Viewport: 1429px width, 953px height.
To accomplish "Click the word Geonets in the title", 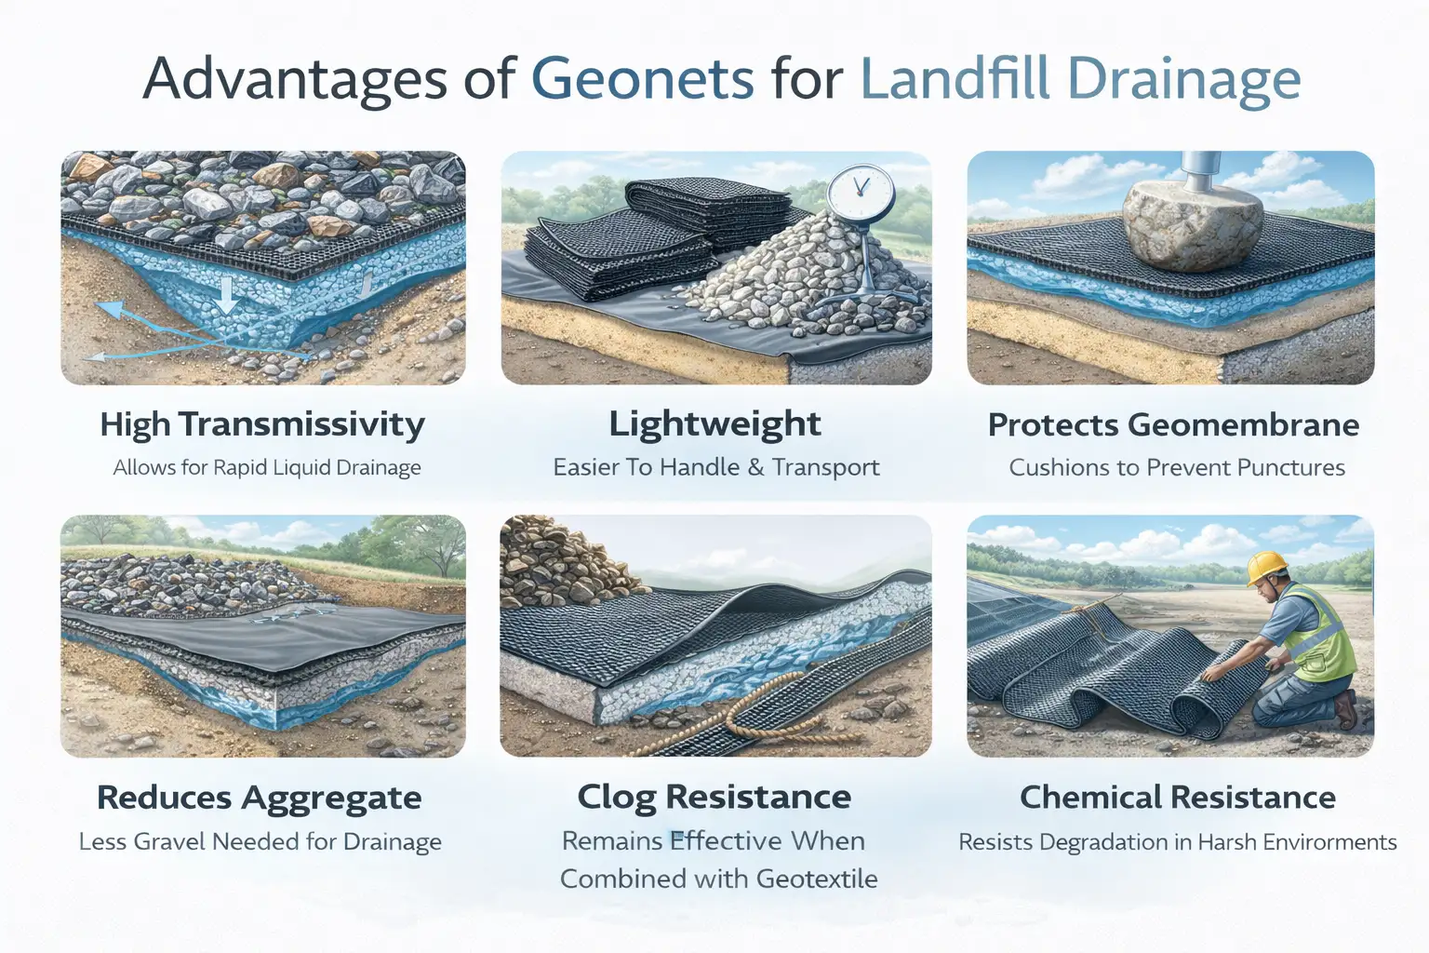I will click(642, 80).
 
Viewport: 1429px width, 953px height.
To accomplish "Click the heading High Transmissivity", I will click(262, 424).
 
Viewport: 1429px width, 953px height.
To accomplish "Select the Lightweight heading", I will click(714, 423).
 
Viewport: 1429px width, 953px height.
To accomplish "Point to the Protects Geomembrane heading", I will click(1173, 424).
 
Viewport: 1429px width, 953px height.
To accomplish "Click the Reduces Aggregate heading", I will click(260, 798).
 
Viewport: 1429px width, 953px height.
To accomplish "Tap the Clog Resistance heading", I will click(714, 797).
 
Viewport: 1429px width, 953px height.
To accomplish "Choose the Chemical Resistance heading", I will click(1178, 797).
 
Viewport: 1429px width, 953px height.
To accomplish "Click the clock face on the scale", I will click(860, 190).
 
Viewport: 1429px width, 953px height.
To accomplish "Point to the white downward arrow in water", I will click(227, 296).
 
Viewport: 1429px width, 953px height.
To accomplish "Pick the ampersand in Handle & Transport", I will click(755, 467).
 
